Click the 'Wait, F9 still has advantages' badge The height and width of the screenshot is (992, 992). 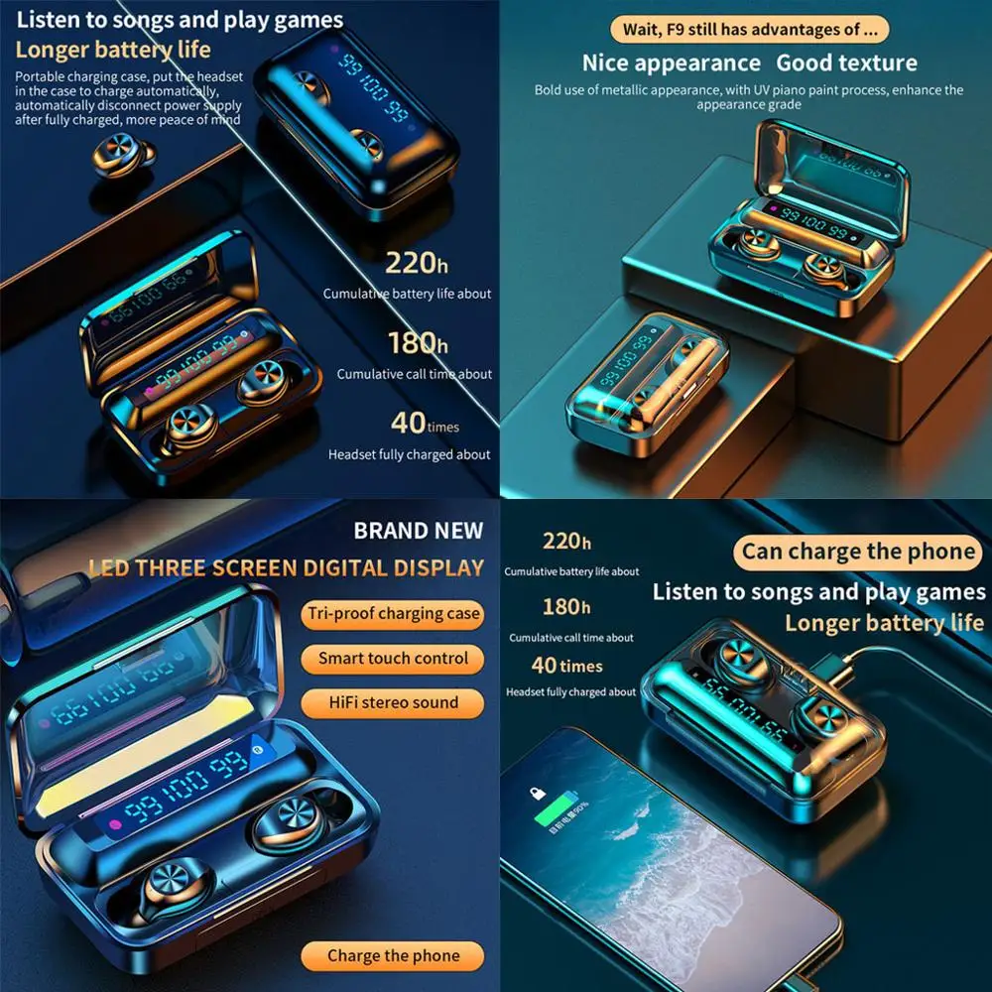749,29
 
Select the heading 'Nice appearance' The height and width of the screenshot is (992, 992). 671,63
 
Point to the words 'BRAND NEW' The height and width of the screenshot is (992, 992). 418,531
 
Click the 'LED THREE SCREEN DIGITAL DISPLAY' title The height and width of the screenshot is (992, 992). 286,568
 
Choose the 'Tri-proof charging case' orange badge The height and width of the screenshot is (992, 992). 393,614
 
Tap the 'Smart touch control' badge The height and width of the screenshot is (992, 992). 393,659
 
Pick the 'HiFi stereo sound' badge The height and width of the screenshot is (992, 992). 393,703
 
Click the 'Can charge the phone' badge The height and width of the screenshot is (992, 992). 858,552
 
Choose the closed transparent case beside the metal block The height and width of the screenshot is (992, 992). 647,382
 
